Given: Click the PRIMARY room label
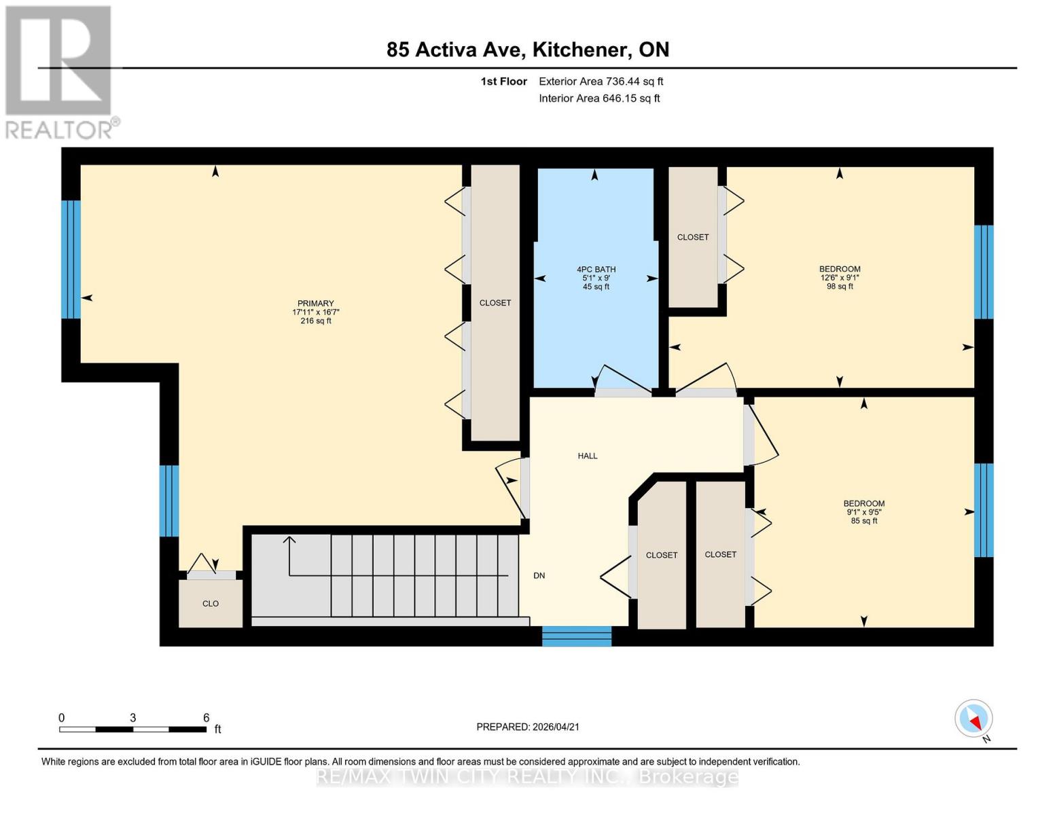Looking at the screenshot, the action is coord(315,304).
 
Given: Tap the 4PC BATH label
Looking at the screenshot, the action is coord(596,270).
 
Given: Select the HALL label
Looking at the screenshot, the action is coord(588,456).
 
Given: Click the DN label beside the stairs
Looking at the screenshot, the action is coord(539,575).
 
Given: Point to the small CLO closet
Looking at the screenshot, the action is coord(211,603).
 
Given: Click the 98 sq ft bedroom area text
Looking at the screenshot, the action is coord(840,287).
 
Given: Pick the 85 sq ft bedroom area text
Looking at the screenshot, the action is coord(864,521).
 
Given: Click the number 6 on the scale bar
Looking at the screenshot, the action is coord(206,718).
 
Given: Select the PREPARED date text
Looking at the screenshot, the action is coord(528,727).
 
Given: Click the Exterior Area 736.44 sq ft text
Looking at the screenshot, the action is coord(601,81).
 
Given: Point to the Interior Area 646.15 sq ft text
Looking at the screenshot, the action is coord(599,98).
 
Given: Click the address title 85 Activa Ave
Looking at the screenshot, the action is coord(528,50).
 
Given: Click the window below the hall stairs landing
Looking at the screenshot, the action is coord(577,636).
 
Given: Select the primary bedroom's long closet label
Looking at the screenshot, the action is coord(495,303).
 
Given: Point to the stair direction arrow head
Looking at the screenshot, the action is coord(289,541).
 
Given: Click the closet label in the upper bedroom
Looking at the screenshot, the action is coord(692,237).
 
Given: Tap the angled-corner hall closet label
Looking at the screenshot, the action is coord(661,555).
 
